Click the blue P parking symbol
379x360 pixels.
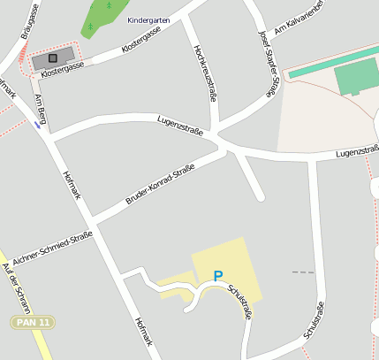pyautogui.click(x=217, y=277)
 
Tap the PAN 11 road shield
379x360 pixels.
pyautogui.click(x=33, y=322)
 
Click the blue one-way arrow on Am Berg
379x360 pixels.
pyautogui.click(x=36, y=125)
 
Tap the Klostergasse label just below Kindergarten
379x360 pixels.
pyautogui.click(x=141, y=38)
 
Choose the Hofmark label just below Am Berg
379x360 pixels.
pyautogui.click(x=72, y=182)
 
